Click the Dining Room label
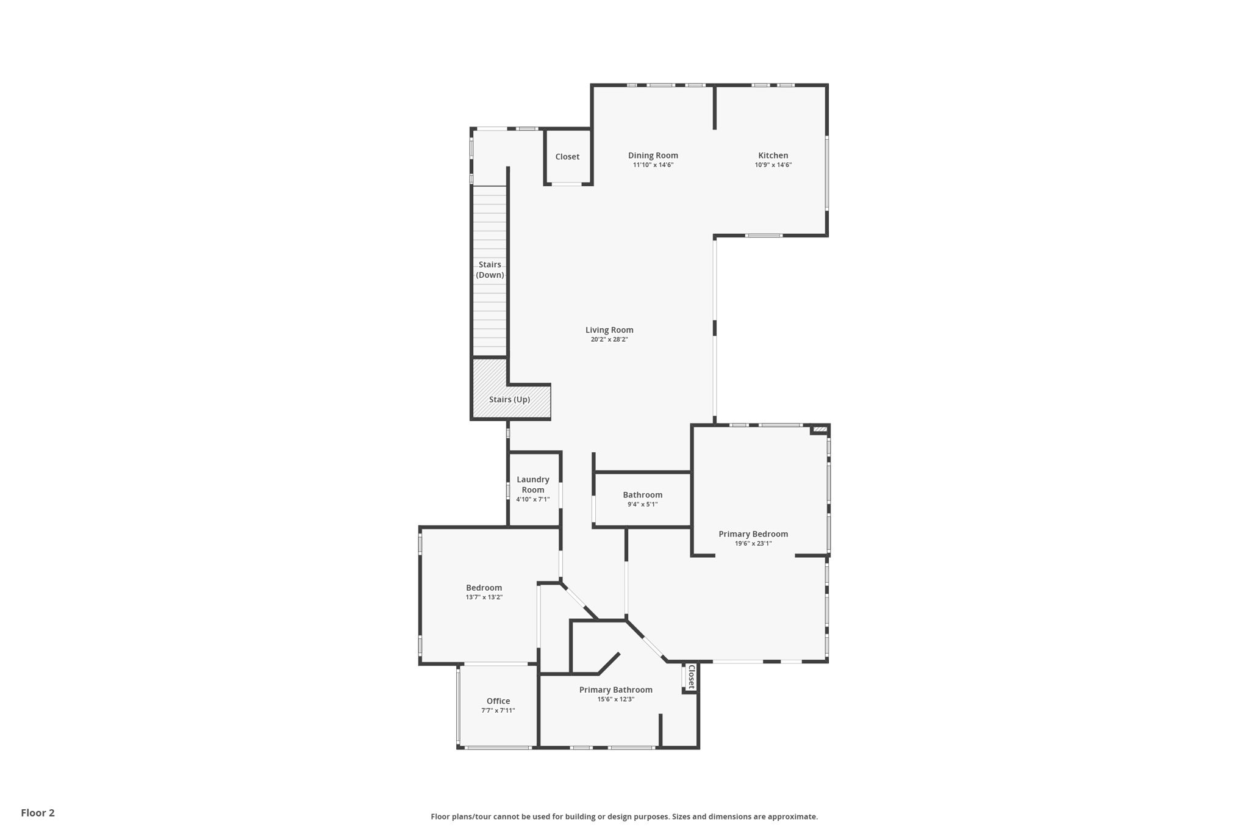[x=653, y=156]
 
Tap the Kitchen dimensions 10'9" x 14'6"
[x=773, y=165]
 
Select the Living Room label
[x=609, y=330]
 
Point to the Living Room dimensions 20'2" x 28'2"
[x=609, y=339]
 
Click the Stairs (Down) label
[x=490, y=270]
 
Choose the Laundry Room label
[x=533, y=485]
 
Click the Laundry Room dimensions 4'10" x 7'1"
[x=533, y=499]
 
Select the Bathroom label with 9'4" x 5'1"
[x=642, y=495]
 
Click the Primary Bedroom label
[x=753, y=534]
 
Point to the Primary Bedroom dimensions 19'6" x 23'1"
[x=753, y=543]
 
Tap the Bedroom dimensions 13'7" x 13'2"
[x=484, y=597]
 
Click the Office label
[x=498, y=701]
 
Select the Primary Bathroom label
[x=615, y=690]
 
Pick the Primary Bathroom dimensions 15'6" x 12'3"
[x=615, y=699]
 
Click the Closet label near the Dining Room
[x=567, y=157]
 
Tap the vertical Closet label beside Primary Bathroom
[x=692, y=677]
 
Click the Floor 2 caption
[x=38, y=813]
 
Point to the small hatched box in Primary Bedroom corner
[x=820, y=430]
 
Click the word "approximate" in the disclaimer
[x=792, y=817]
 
